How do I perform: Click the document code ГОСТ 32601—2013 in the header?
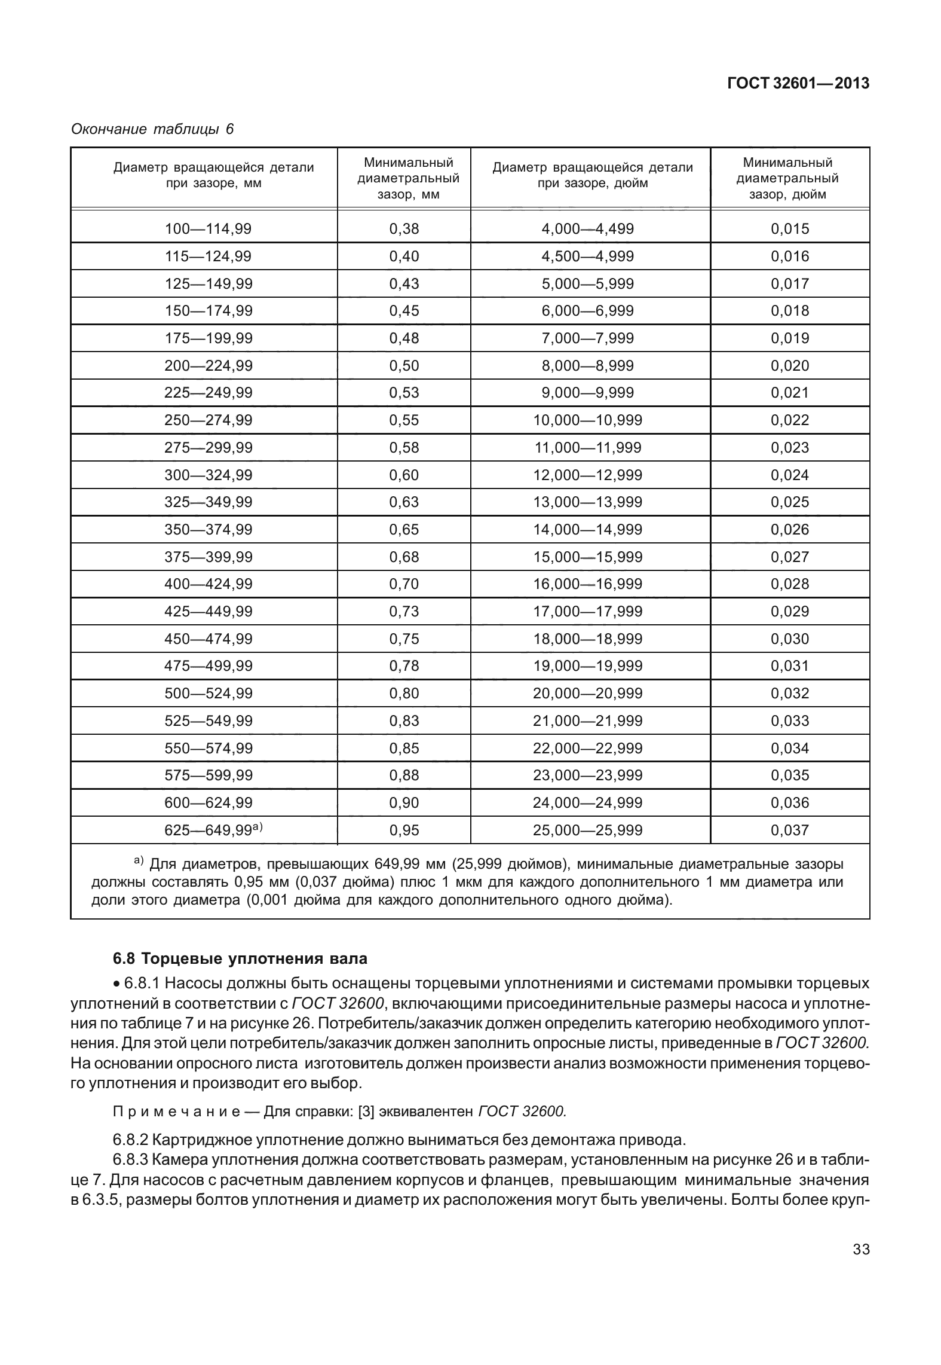pos(798,84)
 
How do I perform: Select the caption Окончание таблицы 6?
pos(152,129)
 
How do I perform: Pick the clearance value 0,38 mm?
pos(404,229)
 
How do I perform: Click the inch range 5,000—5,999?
pos(587,284)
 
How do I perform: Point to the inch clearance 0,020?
pos(789,366)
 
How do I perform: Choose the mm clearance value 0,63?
pos(404,502)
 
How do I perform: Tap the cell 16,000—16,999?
pos(587,584)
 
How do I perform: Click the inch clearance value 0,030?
pos(789,639)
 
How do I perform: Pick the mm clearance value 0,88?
pos(404,775)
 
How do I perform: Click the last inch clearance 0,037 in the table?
pos(789,830)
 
